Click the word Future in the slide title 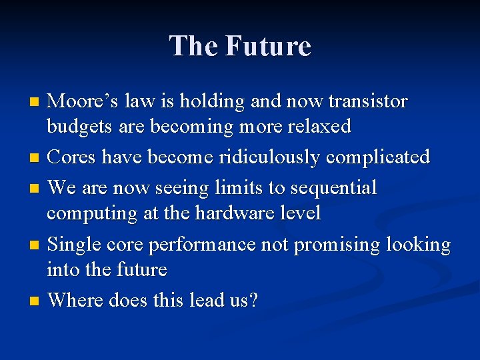tap(268, 46)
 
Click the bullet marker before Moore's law tap(36, 103)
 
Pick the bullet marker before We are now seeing tap(36, 189)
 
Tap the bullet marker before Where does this tap(36, 301)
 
